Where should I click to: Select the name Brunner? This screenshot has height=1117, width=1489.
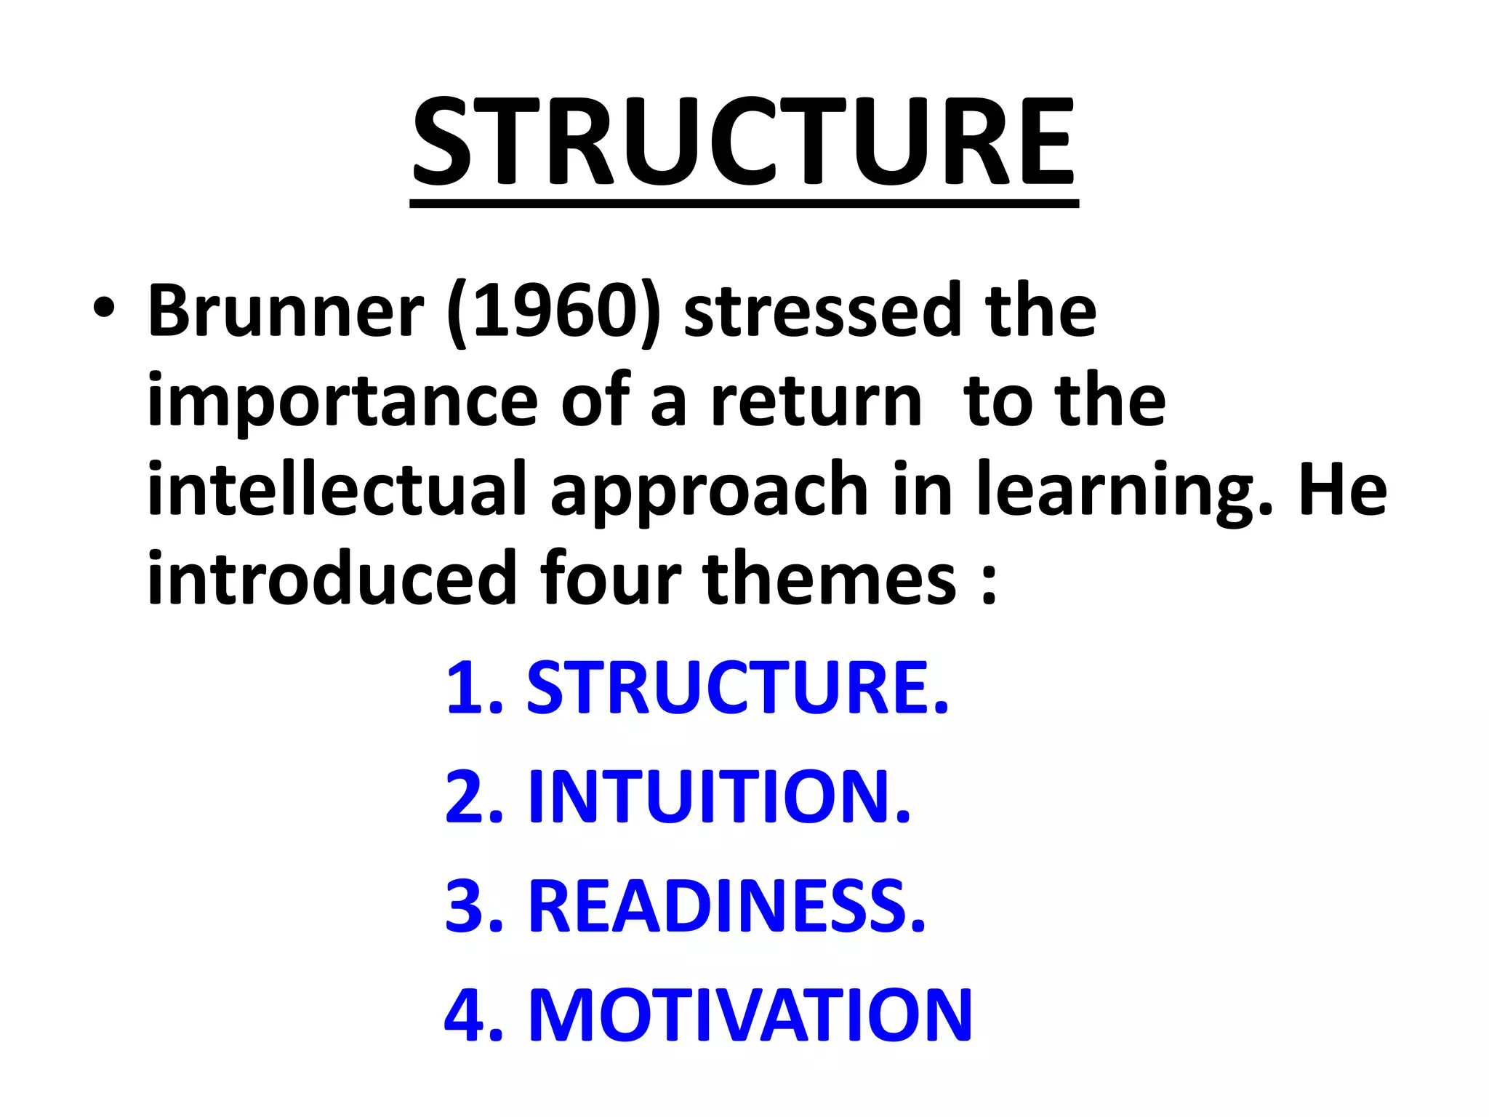[x=286, y=311]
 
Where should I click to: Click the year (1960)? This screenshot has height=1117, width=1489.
[x=554, y=313]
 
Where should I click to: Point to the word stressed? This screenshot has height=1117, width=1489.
[x=822, y=311]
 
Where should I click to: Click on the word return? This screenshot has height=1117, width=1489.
[x=816, y=401]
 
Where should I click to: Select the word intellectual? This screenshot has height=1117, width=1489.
[x=337, y=489]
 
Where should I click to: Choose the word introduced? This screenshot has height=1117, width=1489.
[x=332, y=577]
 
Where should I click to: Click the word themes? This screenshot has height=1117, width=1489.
[x=830, y=577]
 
